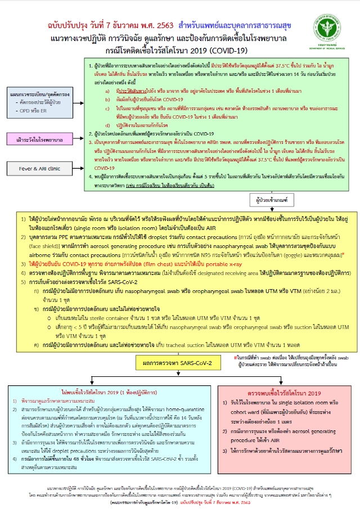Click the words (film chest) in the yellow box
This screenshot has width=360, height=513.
[x=135, y=262]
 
